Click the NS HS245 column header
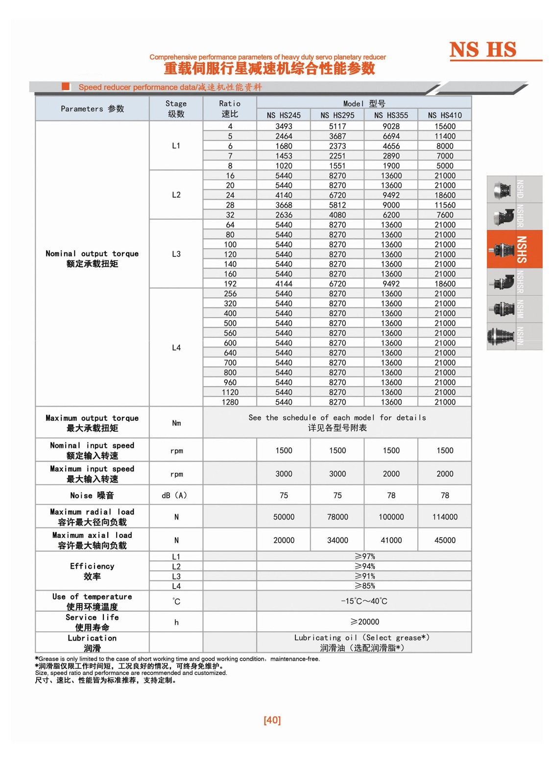point(284,115)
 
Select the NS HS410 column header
point(445,115)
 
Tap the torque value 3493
point(284,126)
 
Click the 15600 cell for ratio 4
point(445,126)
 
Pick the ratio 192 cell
point(230,284)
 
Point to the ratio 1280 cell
point(230,402)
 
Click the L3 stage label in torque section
point(176,254)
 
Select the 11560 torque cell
point(445,205)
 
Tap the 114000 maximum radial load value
point(445,517)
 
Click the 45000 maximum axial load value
point(445,540)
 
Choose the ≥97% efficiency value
point(364,556)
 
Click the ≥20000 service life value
point(364,622)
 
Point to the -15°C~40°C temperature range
point(364,601)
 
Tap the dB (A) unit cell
point(174,495)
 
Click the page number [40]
point(272,720)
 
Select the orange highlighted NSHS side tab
point(514,249)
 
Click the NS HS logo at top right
point(483,50)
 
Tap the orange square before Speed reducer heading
point(66,87)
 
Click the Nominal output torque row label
point(92,258)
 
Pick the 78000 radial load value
point(337,517)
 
